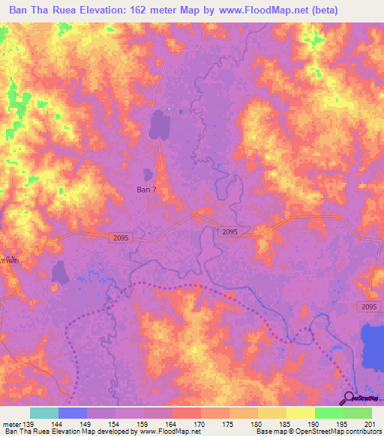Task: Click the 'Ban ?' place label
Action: click(146, 190)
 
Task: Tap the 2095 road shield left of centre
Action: click(104, 237)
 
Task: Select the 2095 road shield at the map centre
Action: click(230, 232)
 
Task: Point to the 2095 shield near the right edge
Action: click(367, 307)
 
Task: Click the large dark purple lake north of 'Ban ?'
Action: click(160, 124)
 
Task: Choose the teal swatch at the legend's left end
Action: click(43, 413)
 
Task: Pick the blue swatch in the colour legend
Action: click(73, 413)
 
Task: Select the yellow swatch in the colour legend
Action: click(301, 413)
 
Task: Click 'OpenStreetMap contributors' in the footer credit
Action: click(338, 432)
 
